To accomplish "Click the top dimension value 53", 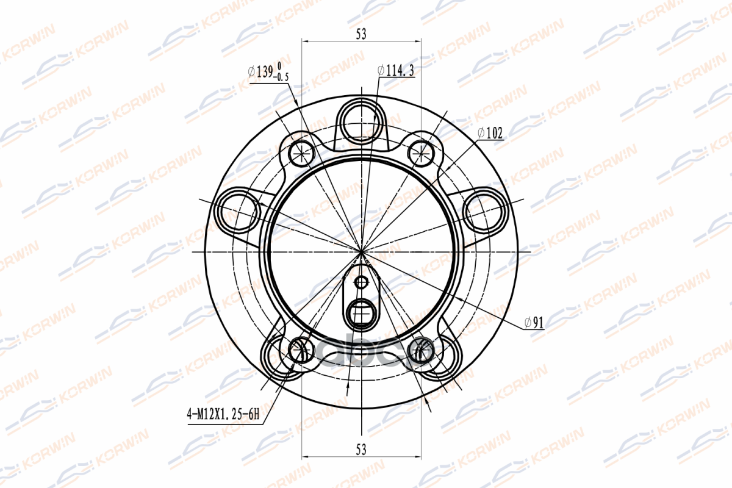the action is click(361, 34).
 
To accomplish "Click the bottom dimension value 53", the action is click(361, 450).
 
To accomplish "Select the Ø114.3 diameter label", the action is click(396, 71).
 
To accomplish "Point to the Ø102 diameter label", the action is click(490, 133).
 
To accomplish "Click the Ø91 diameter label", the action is click(534, 323).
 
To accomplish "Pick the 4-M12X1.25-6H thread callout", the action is click(223, 414).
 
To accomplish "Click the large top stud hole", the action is click(361, 123).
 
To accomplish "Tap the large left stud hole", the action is click(239, 211).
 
